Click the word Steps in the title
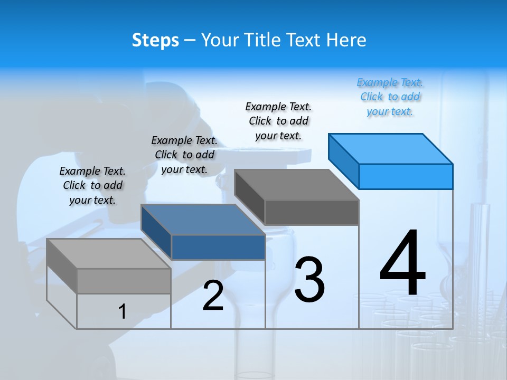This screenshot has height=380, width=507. pos(155,40)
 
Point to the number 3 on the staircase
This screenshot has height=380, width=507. pos(309,280)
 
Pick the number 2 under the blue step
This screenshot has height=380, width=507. pos(213,296)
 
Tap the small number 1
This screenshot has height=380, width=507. pos(122,311)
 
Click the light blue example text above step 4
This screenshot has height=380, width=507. pos(390,97)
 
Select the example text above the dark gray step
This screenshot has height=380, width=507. pos(278,121)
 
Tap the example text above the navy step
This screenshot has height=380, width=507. pos(184,155)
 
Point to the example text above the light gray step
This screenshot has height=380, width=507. pos(92,185)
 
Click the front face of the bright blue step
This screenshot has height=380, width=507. pos(406,176)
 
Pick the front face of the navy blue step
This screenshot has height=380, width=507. pos(218,247)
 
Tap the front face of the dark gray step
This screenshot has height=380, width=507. pos(312,212)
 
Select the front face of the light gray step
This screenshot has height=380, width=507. pos(124,281)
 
